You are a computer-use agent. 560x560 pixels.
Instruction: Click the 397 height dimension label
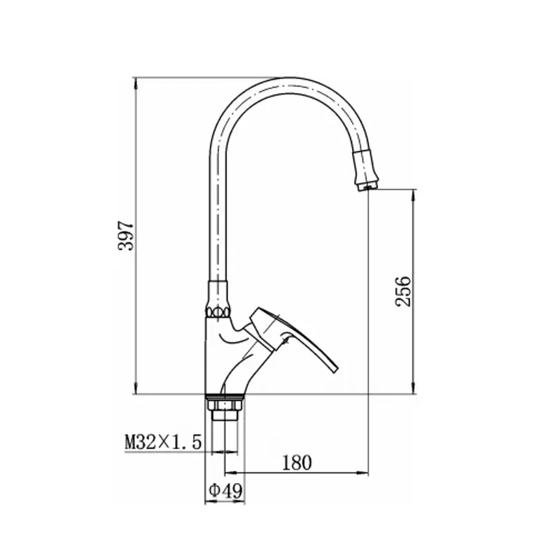[126, 236]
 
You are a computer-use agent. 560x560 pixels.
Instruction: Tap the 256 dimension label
[404, 291]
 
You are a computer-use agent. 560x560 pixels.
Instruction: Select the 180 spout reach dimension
[297, 463]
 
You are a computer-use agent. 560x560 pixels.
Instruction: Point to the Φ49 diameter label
[225, 491]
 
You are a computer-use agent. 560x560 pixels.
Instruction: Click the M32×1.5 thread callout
[163, 442]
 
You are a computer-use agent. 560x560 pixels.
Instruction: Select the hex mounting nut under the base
[225, 405]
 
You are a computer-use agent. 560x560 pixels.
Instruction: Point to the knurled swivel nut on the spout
[217, 311]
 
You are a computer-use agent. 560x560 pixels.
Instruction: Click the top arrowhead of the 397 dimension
[136, 83]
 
